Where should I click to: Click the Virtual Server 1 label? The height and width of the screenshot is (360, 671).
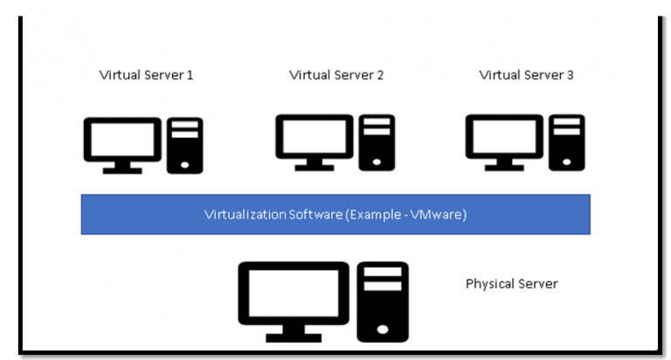click(146, 75)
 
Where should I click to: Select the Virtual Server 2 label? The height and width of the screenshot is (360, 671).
click(336, 75)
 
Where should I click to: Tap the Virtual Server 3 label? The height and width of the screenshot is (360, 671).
click(526, 75)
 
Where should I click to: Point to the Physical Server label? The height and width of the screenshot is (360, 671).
click(511, 284)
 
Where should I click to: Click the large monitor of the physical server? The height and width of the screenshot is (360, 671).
click(293, 293)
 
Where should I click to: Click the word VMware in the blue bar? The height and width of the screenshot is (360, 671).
click(437, 215)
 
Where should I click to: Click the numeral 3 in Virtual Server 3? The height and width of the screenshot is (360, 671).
click(570, 75)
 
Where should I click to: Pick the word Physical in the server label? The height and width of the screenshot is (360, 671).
click(488, 284)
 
